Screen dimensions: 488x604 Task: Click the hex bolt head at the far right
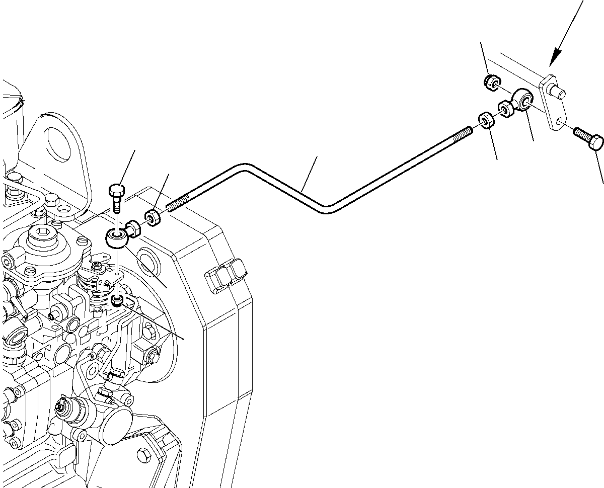click(x=595, y=142)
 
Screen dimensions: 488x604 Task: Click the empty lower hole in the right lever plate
click(x=560, y=121)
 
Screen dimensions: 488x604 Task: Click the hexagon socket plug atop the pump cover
click(x=39, y=235)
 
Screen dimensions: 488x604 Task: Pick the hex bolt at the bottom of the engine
click(x=145, y=457)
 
